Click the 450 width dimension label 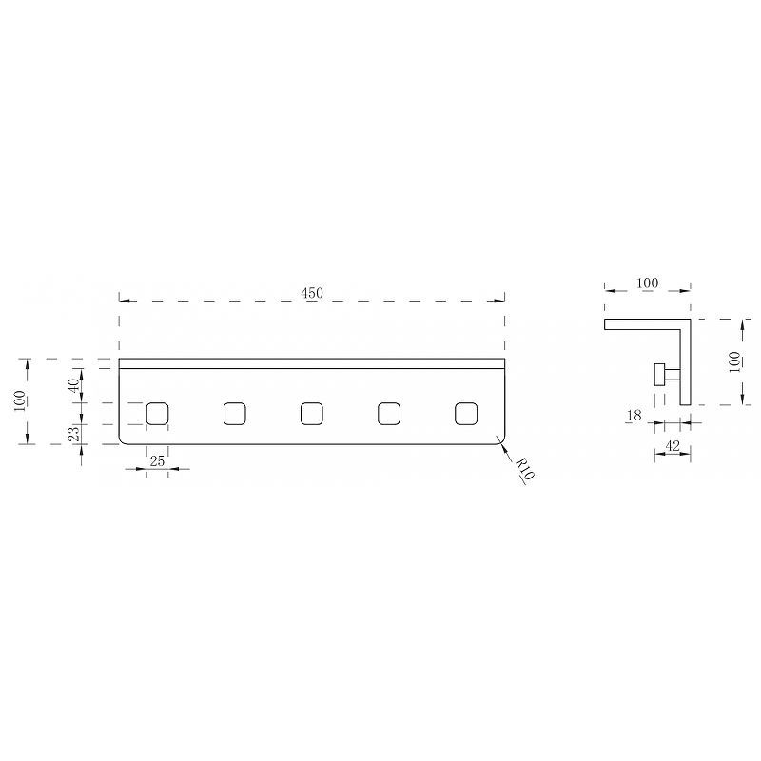pos(312,293)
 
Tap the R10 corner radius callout pos(525,469)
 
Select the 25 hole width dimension pos(157,461)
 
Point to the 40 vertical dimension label pos(74,385)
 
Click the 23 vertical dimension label pos(74,434)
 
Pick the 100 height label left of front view pos(20,400)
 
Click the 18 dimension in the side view pos(634,416)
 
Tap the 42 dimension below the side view pos(673,445)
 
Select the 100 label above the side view pos(648,283)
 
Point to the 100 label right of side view pos(734,361)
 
